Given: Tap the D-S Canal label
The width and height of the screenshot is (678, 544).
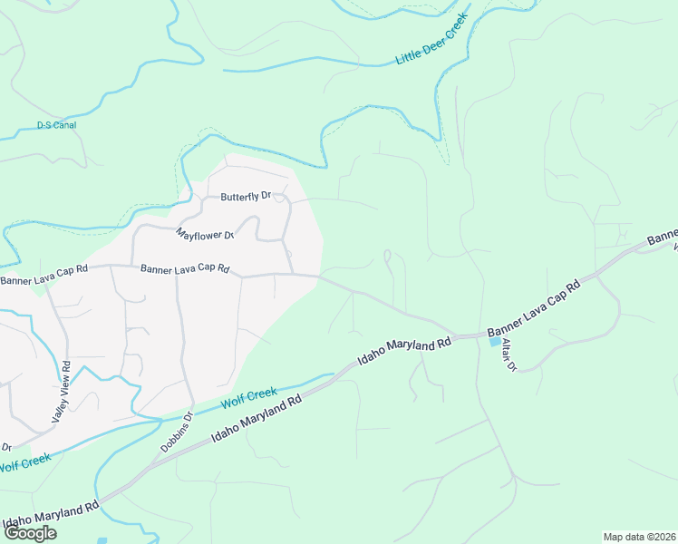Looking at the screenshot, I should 56,125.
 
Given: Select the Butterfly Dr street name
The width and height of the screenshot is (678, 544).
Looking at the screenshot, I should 247,196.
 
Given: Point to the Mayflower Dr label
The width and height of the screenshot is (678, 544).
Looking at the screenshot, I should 206,233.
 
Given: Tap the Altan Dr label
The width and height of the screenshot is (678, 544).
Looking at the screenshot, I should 504,355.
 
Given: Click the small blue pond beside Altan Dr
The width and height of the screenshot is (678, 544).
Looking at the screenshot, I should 495,342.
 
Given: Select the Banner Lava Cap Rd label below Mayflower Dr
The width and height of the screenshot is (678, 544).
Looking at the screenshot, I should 185,269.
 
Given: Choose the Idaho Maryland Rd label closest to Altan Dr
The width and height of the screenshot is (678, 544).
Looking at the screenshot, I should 404,350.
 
